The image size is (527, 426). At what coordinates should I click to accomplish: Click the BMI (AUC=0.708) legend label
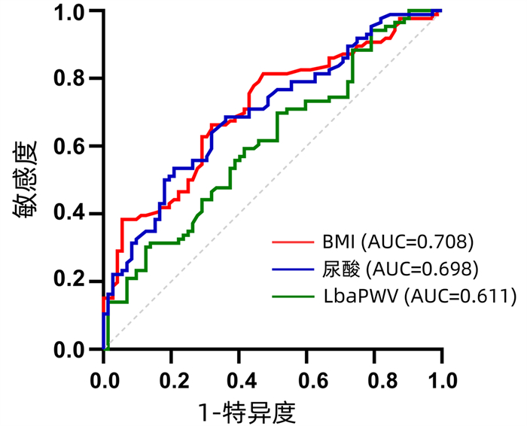398,242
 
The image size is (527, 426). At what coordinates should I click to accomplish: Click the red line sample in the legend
295,243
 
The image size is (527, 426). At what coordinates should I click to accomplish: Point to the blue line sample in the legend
295,269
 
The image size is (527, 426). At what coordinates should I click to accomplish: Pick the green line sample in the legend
295,296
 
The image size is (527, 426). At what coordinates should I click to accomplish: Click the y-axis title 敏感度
24,180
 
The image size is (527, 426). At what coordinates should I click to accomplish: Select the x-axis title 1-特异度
246,412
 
